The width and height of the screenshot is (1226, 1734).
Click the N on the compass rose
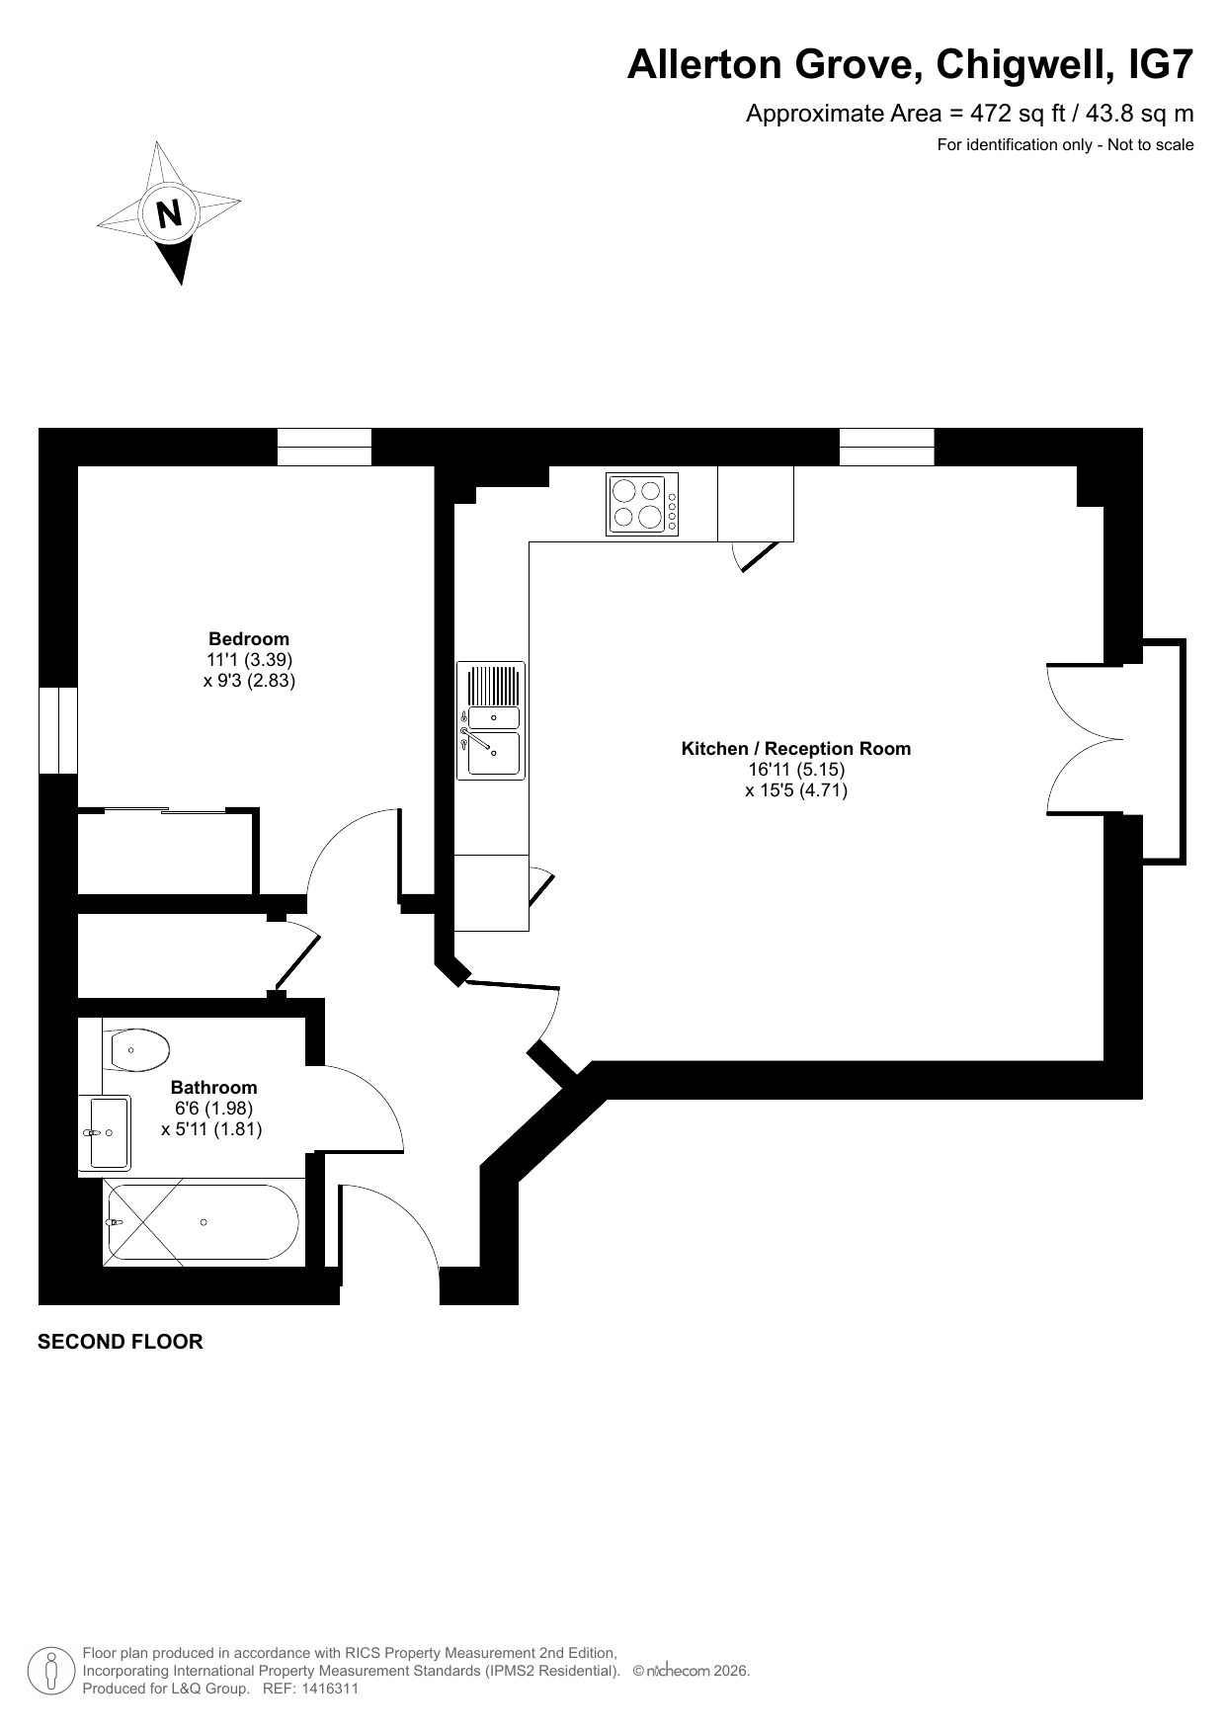[170, 213]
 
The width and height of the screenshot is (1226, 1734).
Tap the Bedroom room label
[249, 638]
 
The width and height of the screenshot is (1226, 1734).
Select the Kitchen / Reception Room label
[796, 748]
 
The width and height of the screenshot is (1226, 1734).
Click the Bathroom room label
[213, 1087]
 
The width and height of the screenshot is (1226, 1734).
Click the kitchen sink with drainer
[491, 720]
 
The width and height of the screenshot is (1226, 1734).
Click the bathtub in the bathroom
[201, 1222]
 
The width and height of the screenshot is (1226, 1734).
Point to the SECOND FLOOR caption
[121, 1342]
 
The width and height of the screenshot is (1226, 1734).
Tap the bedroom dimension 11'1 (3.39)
[249, 659]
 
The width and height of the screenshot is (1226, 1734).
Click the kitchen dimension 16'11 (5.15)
[796, 769]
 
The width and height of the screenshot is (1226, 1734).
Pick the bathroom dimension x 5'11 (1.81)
[211, 1129]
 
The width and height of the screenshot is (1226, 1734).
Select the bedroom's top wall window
[324, 447]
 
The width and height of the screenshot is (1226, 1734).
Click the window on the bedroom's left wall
[57, 730]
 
